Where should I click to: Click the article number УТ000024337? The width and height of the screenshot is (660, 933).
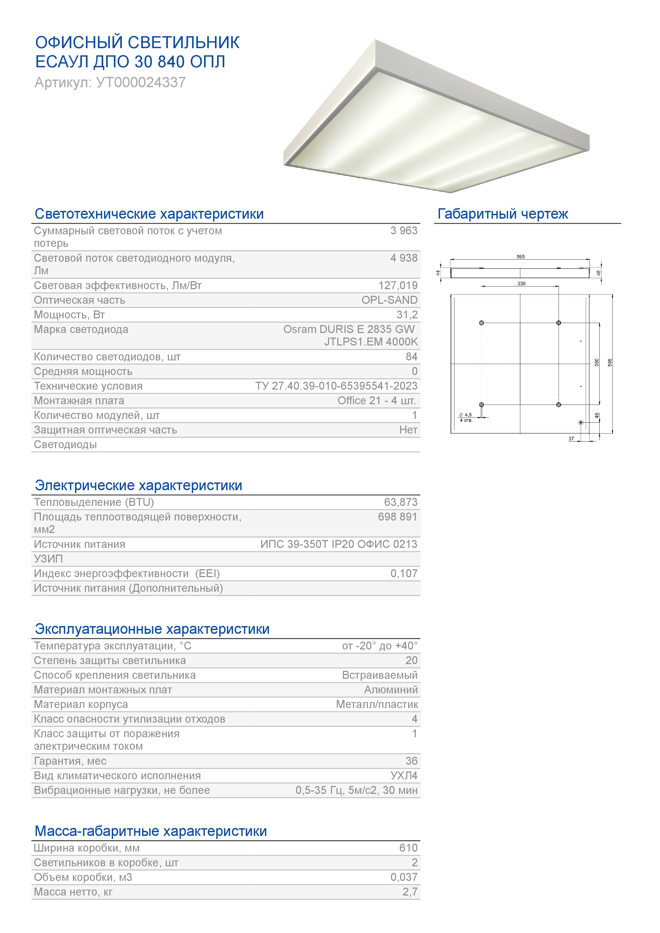[141, 82]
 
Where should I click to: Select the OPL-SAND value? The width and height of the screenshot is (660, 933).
[389, 300]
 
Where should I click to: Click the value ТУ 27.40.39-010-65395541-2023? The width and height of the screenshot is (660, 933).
[336, 386]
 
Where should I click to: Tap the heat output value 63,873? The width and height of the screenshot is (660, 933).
[400, 502]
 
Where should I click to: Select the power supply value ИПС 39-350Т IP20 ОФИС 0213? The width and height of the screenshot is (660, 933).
[339, 544]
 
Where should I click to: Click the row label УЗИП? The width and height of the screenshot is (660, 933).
[48, 559]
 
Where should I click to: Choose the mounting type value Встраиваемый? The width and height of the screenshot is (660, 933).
[380, 675]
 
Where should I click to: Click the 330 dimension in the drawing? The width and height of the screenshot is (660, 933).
[521, 284]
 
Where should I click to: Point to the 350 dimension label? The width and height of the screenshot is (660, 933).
[597, 363]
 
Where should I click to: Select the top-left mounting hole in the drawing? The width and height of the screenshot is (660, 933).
[481, 323]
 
